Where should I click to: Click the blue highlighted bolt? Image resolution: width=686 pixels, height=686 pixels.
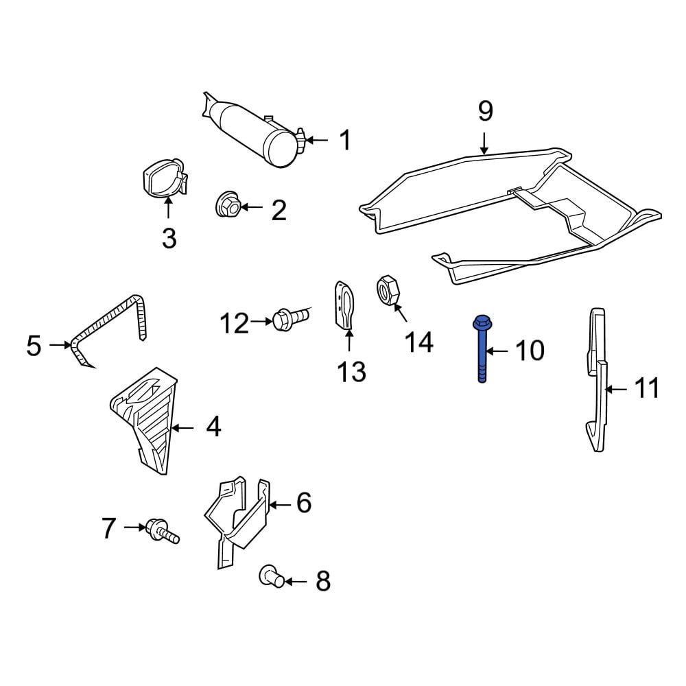click(x=482, y=348)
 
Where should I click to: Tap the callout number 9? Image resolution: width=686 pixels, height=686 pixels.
click(x=485, y=111)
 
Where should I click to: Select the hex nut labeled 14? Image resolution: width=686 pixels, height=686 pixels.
click(x=387, y=289)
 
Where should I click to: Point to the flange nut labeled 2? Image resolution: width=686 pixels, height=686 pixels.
click(x=228, y=204)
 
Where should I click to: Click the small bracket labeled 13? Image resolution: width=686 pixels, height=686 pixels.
click(x=344, y=305)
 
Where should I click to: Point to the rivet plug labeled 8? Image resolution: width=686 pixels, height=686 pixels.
click(x=272, y=577)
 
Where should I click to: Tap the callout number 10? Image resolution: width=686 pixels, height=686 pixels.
click(x=530, y=351)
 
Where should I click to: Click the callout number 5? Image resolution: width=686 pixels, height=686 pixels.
click(x=34, y=346)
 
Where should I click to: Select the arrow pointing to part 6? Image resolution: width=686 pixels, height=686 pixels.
click(x=280, y=505)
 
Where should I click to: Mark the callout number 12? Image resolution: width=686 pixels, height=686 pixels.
click(x=234, y=324)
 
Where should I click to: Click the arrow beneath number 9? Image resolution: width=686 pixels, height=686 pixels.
click(x=484, y=143)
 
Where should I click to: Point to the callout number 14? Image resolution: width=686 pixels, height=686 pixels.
click(x=419, y=342)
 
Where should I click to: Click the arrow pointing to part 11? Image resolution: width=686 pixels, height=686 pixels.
click(x=617, y=388)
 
